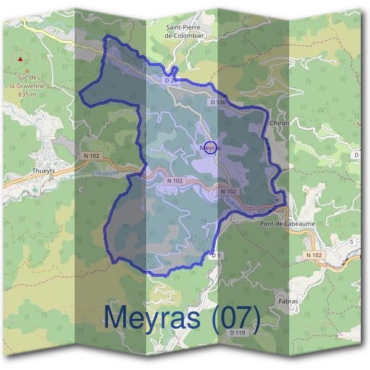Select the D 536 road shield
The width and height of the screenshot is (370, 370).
[218, 102]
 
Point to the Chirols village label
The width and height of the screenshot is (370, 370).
[281, 123]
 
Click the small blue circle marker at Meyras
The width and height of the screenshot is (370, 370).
[210, 148]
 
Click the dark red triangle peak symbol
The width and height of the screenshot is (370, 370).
[21, 59]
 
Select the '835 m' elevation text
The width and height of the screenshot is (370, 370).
[28, 94]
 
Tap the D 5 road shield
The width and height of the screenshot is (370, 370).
[215, 255]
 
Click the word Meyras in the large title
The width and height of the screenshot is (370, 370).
[152, 317]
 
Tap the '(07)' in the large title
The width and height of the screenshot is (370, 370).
[234, 317]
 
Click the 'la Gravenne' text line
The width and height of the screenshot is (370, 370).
[28, 86]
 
